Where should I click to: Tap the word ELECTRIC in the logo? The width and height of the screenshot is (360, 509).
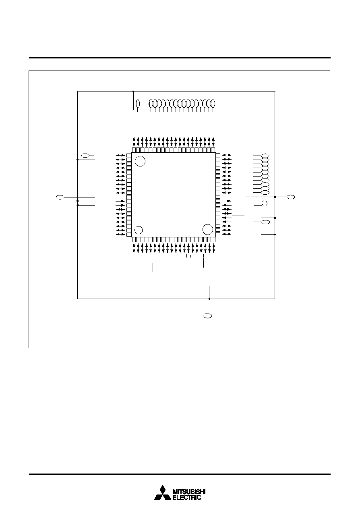coord(187,497)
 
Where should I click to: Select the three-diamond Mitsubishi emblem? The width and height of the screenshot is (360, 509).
coord(163,492)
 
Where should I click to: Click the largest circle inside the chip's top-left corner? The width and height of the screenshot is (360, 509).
coord(140,161)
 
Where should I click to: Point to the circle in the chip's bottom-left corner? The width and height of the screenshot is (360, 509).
coord(139,230)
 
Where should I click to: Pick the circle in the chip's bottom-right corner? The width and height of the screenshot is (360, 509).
coord(208,229)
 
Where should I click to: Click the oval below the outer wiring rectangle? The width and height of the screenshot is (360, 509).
coord(207,316)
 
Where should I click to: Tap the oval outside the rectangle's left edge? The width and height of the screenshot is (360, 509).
coord(60,197)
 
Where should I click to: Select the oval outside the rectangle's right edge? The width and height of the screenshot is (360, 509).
coord(291,197)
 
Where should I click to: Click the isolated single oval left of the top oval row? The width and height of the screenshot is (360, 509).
coord(138,104)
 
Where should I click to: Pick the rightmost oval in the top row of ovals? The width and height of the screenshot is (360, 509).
coord(213,104)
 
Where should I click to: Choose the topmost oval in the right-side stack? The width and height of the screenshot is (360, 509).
coord(265,156)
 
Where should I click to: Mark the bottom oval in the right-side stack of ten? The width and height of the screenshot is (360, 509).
coord(265,193)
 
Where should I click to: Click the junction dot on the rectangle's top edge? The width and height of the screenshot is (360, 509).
coord(133,91)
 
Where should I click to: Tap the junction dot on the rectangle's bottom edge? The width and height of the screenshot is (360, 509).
coord(209,299)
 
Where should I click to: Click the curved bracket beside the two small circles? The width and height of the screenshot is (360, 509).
coord(267,204)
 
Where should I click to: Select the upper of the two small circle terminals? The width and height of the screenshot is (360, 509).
coord(263,201)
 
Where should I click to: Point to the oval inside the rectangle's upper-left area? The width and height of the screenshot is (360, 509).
coord(85,156)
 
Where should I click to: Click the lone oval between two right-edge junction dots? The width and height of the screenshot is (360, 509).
coord(266,222)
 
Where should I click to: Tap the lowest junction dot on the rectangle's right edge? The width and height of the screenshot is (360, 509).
coord(275,235)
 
